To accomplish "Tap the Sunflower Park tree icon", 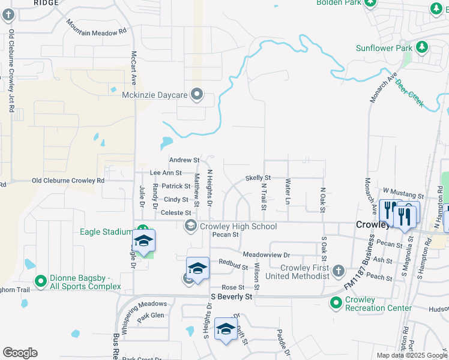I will pyautogui.click(x=422, y=47).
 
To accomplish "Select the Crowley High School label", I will pyautogui.click(x=238, y=226).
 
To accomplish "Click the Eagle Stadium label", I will pyautogui.click(x=106, y=232).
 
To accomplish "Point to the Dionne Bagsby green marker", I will pyautogui.click(x=41, y=281).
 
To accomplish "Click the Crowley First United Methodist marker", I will pyautogui.click(x=339, y=271).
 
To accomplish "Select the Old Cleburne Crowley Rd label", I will pyautogui.click(x=68, y=180).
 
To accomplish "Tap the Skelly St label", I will pyautogui.click(x=258, y=178).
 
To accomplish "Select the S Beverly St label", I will pyautogui.click(x=231, y=296).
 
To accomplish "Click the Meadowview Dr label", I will pyautogui.click(x=266, y=254).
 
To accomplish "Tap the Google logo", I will pyautogui.click(x=20, y=353).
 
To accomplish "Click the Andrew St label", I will pyautogui.click(x=184, y=160).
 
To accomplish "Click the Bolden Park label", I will pyautogui.click(x=339, y=3).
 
